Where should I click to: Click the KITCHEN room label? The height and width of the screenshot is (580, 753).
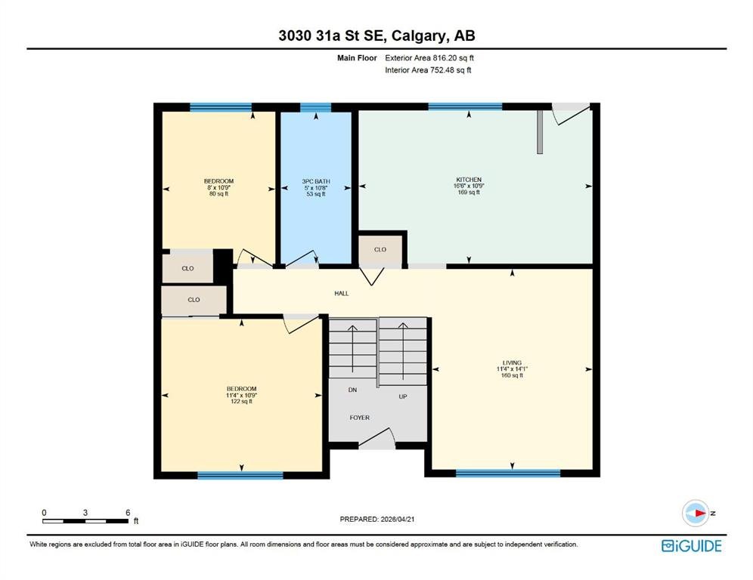click(x=469, y=180)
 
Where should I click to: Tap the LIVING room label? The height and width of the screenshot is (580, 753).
click(x=512, y=362)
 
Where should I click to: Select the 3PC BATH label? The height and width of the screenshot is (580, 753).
click(x=316, y=181)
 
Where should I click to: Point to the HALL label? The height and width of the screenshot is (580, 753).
click(x=342, y=293)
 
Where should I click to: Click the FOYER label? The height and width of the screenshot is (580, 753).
click(x=360, y=418)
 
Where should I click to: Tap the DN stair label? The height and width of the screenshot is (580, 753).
click(x=352, y=390)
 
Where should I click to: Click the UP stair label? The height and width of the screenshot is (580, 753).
click(x=403, y=396)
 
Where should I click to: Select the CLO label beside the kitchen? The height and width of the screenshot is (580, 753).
click(x=380, y=249)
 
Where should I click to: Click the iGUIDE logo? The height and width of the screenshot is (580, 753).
click(x=692, y=546)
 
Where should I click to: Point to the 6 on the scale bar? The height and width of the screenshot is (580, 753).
click(x=128, y=513)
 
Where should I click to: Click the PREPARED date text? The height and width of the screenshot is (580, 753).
click(x=377, y=519)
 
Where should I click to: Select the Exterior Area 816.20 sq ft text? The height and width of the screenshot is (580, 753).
click(x=429, y=58)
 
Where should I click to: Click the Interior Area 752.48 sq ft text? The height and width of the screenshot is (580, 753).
click(x=428, y=70)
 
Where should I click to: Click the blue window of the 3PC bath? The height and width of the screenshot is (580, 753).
click(x=315, y=107)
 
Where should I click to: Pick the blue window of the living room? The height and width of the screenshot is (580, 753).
click(x=508, y=474)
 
